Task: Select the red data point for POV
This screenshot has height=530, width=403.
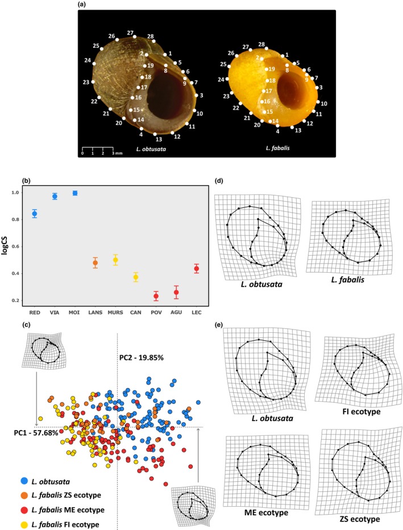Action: pos(156,297)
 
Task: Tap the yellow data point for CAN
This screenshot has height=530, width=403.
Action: pos(135,277)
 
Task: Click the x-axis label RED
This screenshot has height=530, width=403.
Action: pos(34,311)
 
